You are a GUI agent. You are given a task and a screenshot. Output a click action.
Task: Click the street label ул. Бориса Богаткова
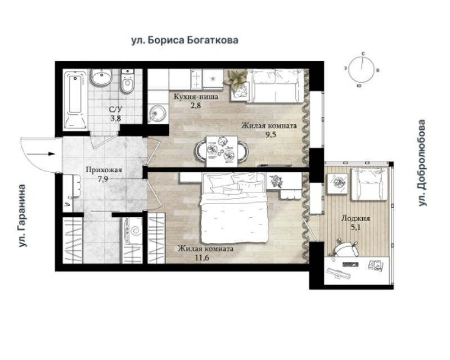pyautogui.click(x=185, y=40)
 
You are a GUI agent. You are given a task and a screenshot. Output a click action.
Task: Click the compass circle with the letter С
pyautogui.click(x=362, y=69)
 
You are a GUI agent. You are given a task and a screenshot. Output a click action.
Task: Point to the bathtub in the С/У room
pyautogui.click(x=75, y=100)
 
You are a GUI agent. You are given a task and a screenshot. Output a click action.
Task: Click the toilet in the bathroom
pyautogui.click(x=128, y=81)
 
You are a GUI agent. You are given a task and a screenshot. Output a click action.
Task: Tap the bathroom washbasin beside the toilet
pyautogui.click(x=101, y=77)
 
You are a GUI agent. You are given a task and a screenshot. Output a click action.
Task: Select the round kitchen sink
pyautogui.click(x=157, y=114)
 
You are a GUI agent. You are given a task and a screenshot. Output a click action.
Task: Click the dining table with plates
pyautogui.click(x=222, y=151)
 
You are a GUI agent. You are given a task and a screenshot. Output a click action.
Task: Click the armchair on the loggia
pyautogui.click(x=370, y=184)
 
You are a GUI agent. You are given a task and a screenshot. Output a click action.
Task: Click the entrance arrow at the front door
pyautogui.click(x=42, y=154)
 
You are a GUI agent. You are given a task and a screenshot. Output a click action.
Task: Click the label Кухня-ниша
pyautogui.click(x=196, y=97)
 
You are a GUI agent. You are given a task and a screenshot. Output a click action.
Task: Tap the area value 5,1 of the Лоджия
pyautogui.click(x=355, y=227)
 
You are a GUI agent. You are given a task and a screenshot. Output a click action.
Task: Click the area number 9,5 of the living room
pyautogui.click(x=271, y=135)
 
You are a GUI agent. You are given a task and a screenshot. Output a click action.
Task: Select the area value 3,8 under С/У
pyautogui.click(x=116, y=118)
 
